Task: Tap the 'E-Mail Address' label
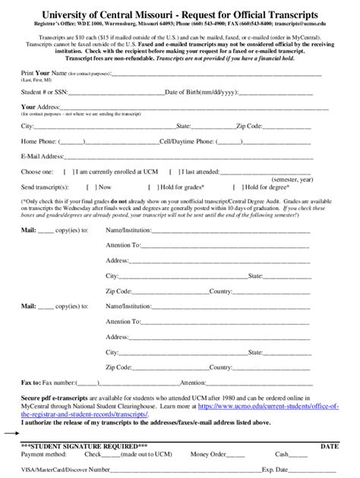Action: [42, 156]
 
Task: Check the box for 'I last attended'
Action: [173, 171]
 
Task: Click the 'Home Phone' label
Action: [39, 141]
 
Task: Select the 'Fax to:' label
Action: [31, 382]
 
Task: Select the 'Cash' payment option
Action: [282, 454]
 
